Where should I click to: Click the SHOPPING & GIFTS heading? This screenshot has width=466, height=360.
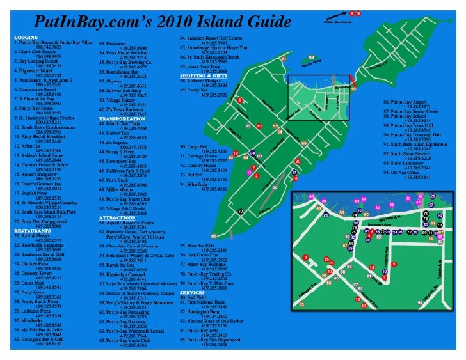pos(203,75)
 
